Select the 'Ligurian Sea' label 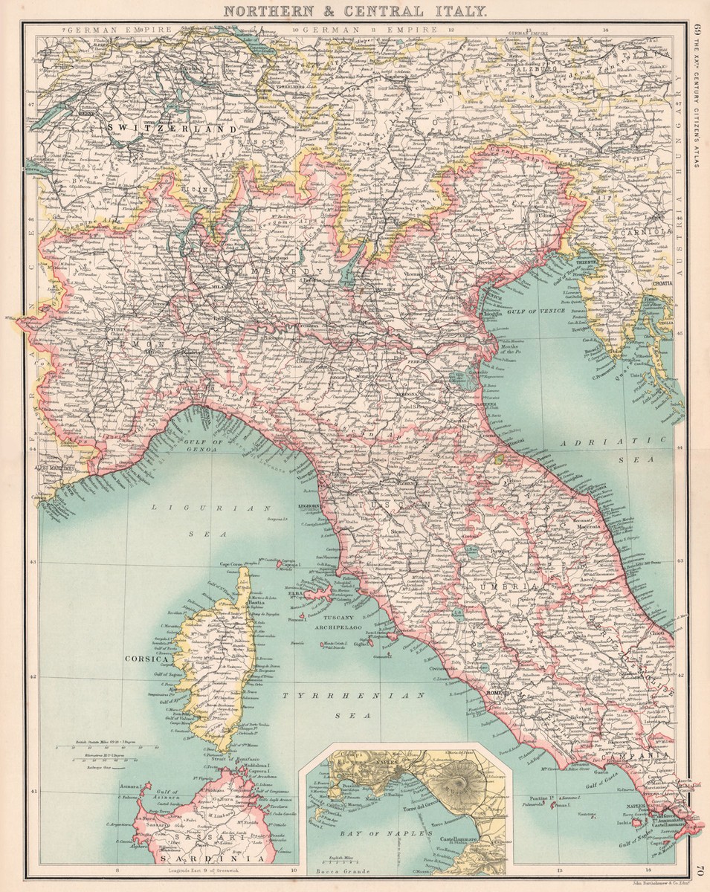[199, 520]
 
